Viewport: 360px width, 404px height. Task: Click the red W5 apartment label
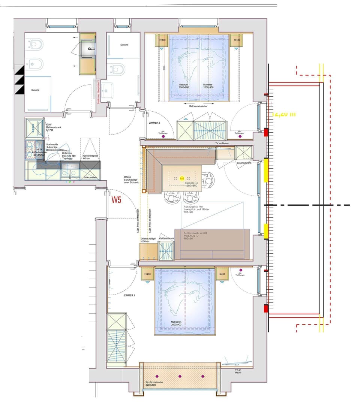tap(116, 200)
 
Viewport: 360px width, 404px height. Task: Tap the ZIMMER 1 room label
tap(129, 296)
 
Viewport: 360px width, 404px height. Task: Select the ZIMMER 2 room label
tap(154, 123)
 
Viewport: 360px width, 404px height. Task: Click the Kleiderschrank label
tap(166, 238)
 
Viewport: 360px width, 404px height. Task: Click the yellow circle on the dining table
tap(182, 178)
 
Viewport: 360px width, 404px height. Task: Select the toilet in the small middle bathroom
tap(118, 69)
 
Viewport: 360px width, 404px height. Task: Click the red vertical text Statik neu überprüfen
tap(99, 90)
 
